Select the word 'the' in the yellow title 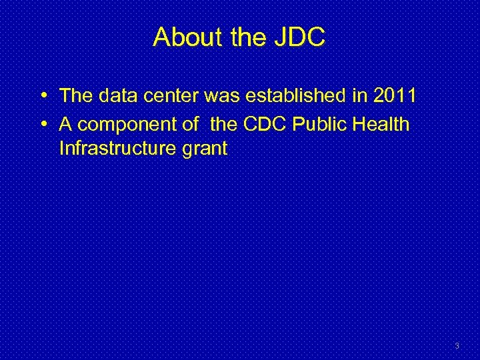click(x=249, y=37)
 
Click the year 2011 click(x=395, y=96)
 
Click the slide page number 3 click(x=457, y=346)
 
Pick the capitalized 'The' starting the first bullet click(x=75, y=96)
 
